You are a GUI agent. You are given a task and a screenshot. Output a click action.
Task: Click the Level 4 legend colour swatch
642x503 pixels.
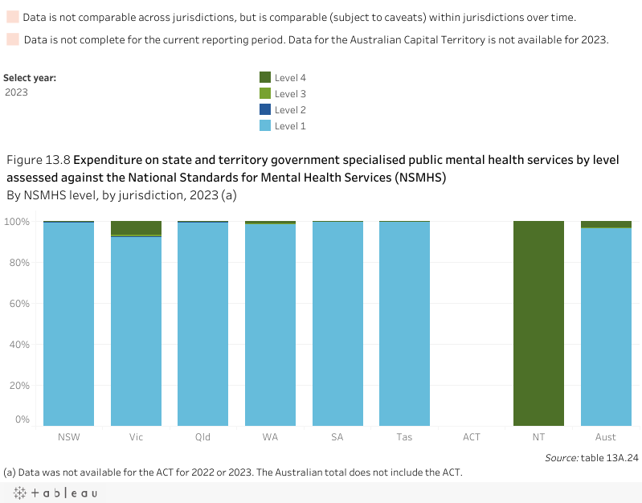point(265,78)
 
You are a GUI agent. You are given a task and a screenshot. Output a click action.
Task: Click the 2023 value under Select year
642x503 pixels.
point(17,92)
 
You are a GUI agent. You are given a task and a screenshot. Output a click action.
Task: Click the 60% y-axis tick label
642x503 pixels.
point(19,303)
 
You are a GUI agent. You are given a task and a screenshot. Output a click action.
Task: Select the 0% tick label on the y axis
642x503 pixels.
point(22,419)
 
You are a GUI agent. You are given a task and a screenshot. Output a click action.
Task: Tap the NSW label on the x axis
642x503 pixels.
point(69,437)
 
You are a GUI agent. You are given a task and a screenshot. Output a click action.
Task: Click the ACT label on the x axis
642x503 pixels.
point(472,437)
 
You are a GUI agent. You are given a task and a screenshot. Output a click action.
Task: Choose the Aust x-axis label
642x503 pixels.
point(606,437)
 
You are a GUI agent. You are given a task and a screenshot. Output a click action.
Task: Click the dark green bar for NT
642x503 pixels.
point(538,321)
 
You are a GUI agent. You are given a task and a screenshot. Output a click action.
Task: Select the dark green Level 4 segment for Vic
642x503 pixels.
point(136,227)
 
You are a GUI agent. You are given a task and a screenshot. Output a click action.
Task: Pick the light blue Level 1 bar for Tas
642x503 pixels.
point(404,321)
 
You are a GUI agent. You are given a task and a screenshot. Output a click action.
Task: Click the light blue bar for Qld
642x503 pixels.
point(202,321)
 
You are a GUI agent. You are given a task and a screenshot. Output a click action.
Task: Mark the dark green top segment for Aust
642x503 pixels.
point(606,224)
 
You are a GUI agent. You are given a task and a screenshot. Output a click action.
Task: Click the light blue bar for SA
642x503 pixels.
point(337,321)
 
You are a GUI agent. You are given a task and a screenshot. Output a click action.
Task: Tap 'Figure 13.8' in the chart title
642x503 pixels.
point(39,159)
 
